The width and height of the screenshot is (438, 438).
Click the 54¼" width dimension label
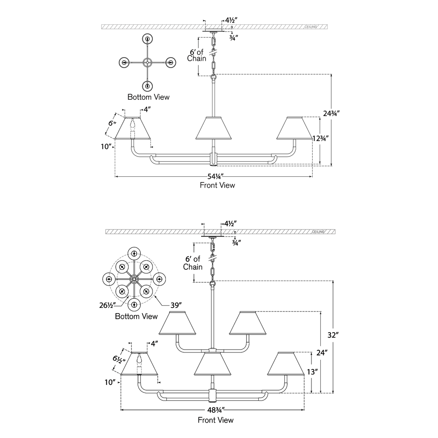[215, 176]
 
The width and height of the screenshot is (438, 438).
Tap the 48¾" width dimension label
[216, 410]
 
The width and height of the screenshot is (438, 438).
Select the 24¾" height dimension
[331, 114]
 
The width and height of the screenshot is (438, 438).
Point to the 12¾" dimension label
[320, 138]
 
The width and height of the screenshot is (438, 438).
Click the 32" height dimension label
[333, 335]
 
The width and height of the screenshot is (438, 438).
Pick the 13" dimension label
[313, 372]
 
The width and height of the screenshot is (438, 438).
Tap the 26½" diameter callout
[107, 305]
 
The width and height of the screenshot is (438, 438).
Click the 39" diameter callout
[176, 305]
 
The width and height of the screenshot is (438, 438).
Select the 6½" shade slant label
[119, 359]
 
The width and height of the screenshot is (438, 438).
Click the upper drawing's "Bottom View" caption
[148, 97]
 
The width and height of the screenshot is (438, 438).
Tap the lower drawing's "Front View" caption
[215, 420]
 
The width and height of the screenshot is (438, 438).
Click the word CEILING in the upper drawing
[311, 27]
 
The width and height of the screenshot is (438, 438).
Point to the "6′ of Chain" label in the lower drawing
[193, 263]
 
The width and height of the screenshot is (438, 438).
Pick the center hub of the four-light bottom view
[147, 62]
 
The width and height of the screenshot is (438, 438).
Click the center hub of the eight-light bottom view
[134, 279]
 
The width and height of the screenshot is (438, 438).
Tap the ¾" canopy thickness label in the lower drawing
[236, 243]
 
